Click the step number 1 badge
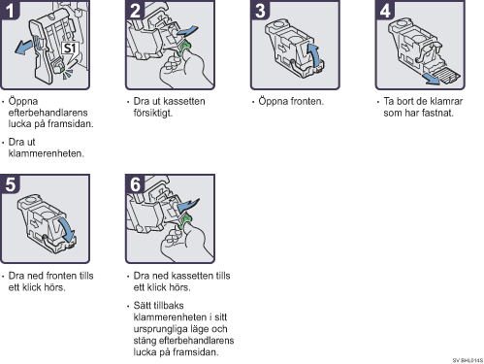(x=11, y=10)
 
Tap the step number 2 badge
(x=135, y=10)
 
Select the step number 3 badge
(x=260, y=10)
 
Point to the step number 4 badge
(x=385, y=10)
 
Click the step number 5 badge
(x=11, y=184)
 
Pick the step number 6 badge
(x=135, y=184)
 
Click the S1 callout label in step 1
(x=70, y=49)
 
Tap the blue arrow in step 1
(x=23, y=48)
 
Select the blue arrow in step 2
(x=187, y=31)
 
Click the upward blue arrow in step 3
(x=314, y=54)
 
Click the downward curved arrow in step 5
(x=67, y=229)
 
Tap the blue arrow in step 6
(x=188, y=205)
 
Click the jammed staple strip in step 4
(x=447, y=74)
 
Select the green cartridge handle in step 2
(x=184, y=48)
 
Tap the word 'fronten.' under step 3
(x=307, y=101)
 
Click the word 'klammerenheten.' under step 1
(x=47, y=153)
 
